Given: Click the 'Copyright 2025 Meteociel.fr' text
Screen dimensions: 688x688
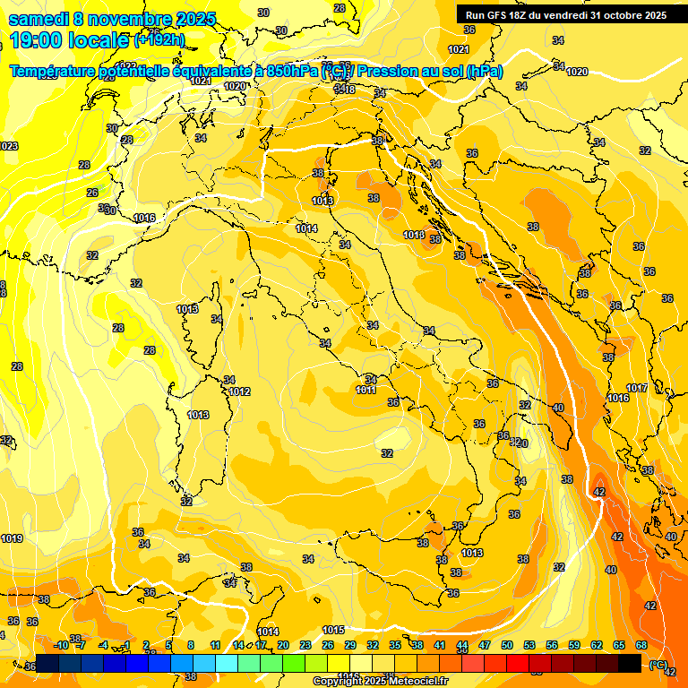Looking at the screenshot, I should click(x=381, y=682).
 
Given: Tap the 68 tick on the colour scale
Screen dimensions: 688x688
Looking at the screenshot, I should click(x=641, y=645).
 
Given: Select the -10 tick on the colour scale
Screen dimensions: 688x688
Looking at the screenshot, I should click(x=61, y=645).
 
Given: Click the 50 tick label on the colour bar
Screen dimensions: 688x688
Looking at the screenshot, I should click(x=507, y=645).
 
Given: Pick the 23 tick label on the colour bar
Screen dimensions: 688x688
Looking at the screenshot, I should click(x=305, y=645).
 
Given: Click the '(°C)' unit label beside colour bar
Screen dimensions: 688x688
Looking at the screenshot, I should click(x=658, y=664).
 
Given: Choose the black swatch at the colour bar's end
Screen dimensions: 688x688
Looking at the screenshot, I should click(x=630, y=663).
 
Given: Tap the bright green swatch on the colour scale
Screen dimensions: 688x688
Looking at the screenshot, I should click(x=293, y=663).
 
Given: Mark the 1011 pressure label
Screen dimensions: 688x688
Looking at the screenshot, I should click(x=365, y=390).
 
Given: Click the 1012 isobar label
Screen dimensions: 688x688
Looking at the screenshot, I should click(x=239, y=391).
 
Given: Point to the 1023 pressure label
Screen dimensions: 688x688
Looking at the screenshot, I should click(x=8, y=146).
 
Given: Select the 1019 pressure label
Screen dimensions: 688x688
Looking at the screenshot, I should click(x=12, y=538).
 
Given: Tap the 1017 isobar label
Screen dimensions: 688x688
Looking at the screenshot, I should click(x=637, y=388).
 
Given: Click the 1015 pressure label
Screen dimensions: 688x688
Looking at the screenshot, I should click(x=333, y=630).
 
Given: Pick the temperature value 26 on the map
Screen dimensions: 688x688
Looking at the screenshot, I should click(x=92, y=193).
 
